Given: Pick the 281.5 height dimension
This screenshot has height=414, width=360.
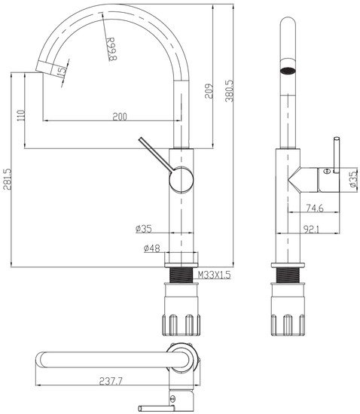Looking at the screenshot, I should [6, 181].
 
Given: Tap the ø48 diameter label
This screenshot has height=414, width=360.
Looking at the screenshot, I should [149, 248].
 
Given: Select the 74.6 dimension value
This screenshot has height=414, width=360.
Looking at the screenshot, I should [315, 208].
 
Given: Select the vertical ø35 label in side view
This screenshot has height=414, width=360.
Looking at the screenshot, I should [352, 178].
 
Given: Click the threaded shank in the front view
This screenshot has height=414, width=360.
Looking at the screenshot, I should [182, 276].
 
